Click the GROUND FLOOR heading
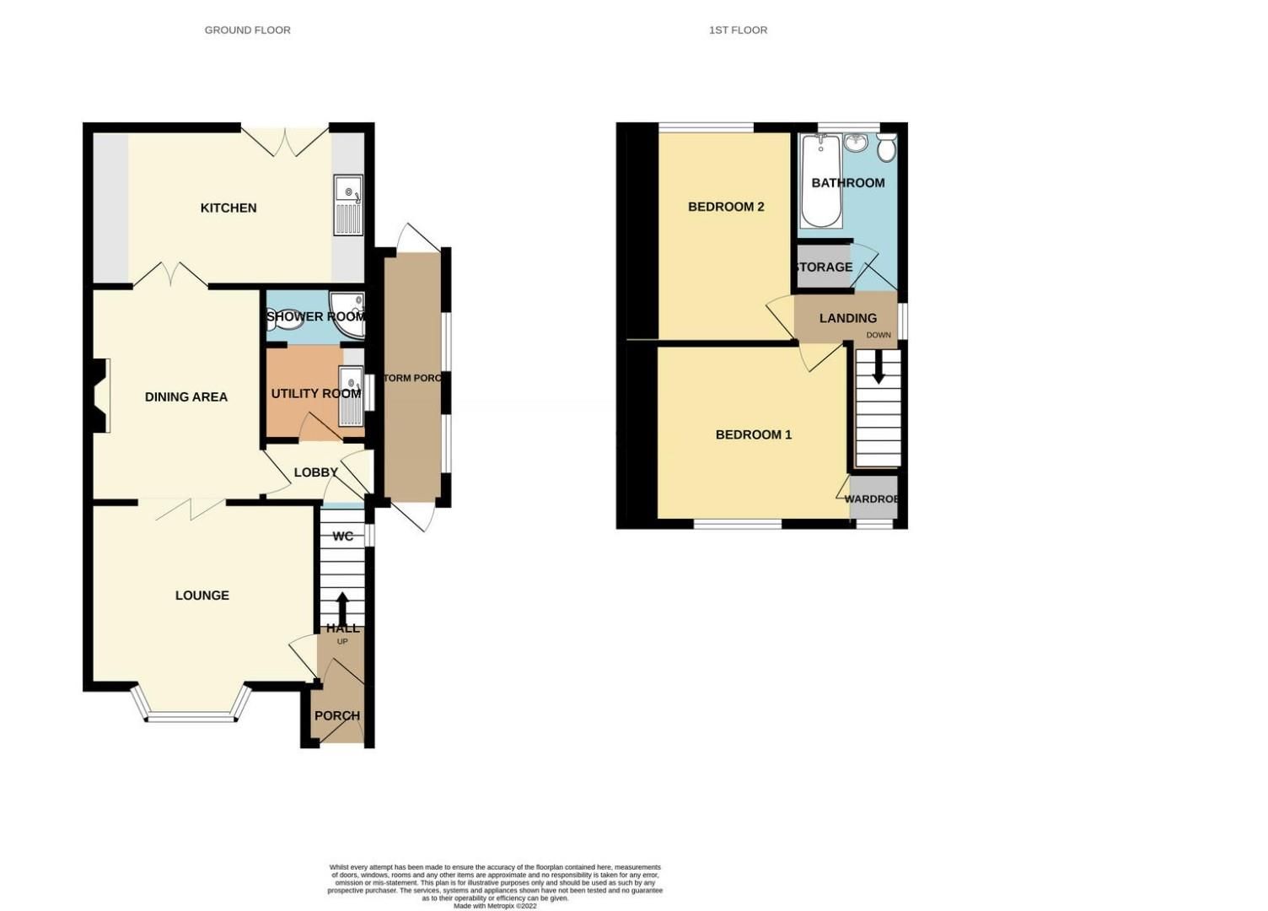(247, 30)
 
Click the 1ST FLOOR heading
(738, 30)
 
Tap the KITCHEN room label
(228, 208)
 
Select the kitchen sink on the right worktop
(348, 205)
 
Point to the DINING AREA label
(185, 396)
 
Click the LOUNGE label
(201, 595)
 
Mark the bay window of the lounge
(191, 716)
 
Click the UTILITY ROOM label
(315, 393)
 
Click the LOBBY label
(315, 472)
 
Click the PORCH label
(336, 715)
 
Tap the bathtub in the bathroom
(820, 181)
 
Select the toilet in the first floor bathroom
(886, 148)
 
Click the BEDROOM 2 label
(726, 207)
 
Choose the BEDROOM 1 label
(753, 434)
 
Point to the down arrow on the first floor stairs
(878, 368)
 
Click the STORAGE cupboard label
(825, 267)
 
